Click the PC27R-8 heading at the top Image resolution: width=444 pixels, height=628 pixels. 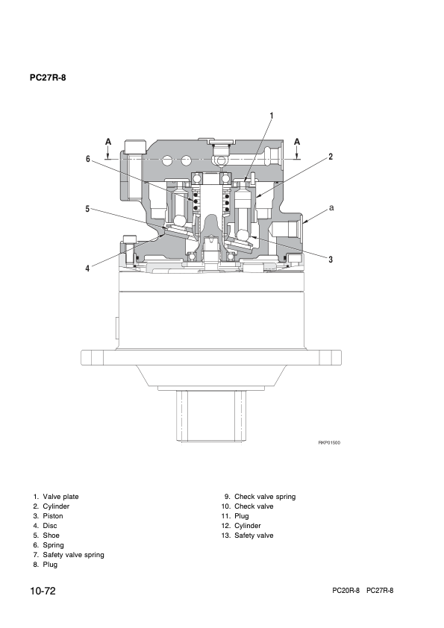coord(48,77)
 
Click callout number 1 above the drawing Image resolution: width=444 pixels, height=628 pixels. coord(271,116)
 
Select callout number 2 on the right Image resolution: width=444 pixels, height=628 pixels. coord(331,157)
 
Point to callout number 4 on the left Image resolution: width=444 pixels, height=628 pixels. coord(87,269)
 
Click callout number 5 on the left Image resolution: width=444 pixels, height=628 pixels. coord(87,210)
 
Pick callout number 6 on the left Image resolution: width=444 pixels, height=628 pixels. coord(87,159)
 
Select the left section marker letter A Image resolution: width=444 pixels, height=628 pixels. coord(107,142)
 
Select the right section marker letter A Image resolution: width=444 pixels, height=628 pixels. coord(297,142)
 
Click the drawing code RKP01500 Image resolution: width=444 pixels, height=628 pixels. coord(329,442)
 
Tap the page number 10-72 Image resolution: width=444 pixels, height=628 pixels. coord(43,591)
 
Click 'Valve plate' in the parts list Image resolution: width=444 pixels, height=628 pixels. coord(60,497)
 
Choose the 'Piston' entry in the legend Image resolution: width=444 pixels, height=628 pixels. coord(53,516)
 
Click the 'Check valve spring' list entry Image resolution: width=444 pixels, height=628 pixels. coord(265,497)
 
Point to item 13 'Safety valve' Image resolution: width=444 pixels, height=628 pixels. coord(254,536)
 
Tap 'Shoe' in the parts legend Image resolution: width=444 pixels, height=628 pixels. coord(51,536)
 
